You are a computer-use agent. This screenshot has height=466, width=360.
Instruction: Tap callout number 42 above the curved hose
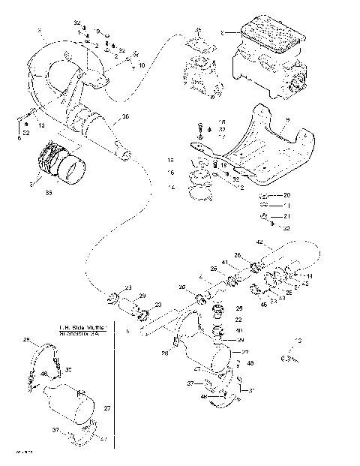click(x=259, y=242)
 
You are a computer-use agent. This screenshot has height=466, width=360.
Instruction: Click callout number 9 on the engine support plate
click(x=287, y=119)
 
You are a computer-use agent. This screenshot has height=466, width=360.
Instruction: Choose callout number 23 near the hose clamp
click(x=127, y=287)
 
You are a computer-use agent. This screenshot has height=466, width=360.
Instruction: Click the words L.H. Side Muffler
click(x=83, y=328)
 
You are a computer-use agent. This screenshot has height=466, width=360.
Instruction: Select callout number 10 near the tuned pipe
click(x=141, y=65)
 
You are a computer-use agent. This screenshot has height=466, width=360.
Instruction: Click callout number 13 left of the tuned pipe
click(x=40, y=125)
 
